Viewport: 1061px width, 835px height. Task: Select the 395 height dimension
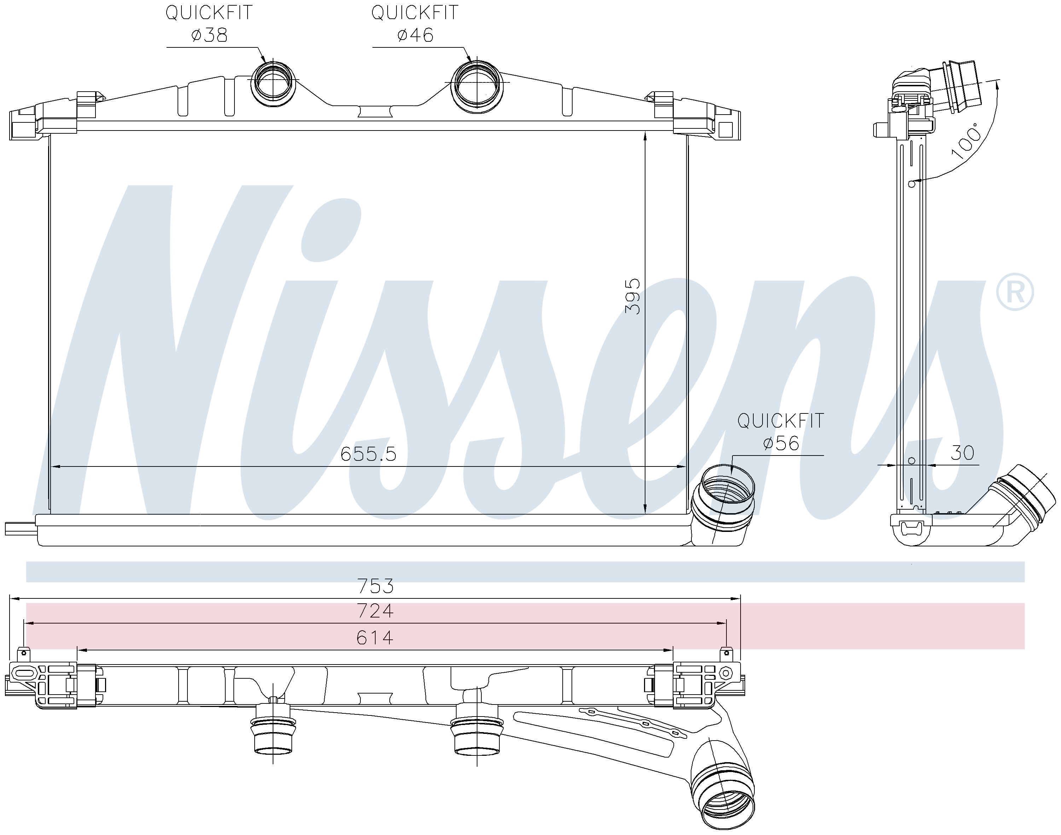point(633,296)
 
